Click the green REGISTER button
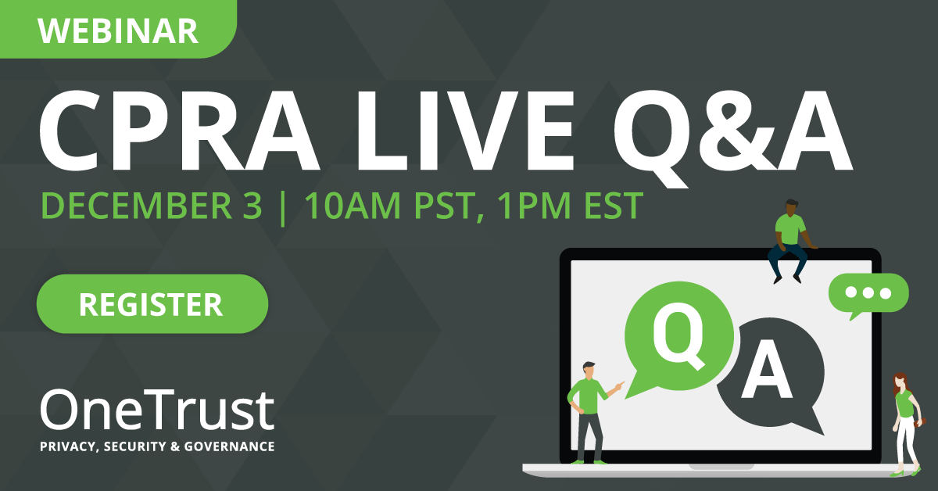152,303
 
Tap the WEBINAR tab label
118,31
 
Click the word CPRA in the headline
179,131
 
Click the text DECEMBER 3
152,206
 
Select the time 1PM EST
570,206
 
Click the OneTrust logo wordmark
157,410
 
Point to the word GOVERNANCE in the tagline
230,446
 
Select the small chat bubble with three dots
868,296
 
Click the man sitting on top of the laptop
790,241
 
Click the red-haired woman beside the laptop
907,424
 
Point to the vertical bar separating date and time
283,208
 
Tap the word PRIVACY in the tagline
68,446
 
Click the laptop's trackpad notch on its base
721,466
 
